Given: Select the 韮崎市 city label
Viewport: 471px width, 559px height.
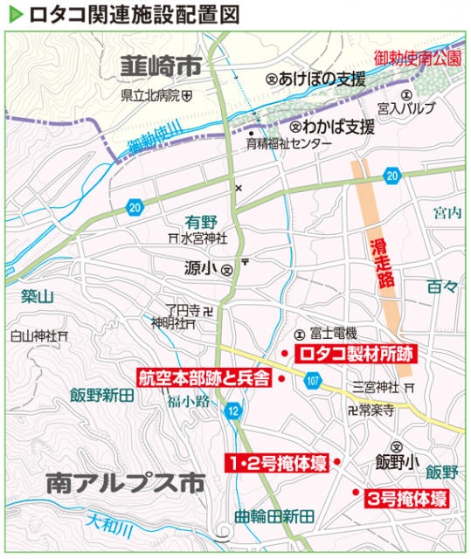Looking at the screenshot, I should click(161, 66).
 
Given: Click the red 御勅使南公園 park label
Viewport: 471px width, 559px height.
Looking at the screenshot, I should click(416, 59).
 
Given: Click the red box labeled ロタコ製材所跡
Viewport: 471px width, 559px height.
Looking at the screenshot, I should click(355, 354).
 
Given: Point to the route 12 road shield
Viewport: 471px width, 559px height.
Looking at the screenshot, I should click(232, 411).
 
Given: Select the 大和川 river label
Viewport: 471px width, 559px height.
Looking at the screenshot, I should click(110, 525).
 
